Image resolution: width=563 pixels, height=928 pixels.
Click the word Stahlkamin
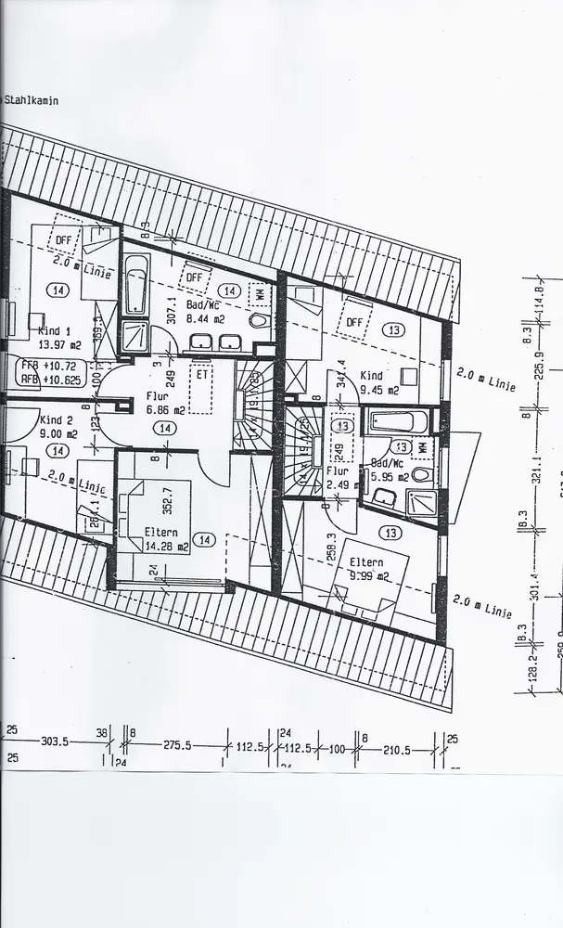(32, 101)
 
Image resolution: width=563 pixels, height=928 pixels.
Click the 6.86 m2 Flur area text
(165, 408)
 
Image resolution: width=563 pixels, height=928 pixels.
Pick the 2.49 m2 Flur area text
(339, 483)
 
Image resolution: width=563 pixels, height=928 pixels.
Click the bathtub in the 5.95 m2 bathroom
(397, 424)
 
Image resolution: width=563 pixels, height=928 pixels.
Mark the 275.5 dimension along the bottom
(177, 744)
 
